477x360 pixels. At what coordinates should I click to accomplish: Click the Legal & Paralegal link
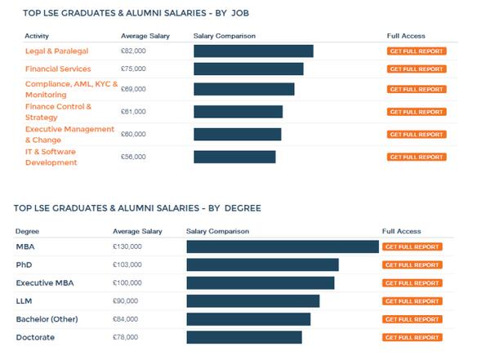pos(56,51)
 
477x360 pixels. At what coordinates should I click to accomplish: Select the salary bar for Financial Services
pos(248,69)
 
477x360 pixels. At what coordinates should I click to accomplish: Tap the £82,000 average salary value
pos(133,51)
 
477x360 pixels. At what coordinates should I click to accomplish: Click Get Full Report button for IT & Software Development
pos(417,157)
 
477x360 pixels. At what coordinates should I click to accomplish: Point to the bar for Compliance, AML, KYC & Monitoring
pos(244,89)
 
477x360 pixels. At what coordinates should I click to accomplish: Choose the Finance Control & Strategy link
pos(58,112)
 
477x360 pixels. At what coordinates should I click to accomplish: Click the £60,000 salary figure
pos(133,134)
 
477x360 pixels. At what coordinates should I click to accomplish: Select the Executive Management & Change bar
pos(238,135)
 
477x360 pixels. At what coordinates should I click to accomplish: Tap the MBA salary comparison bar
pos(283,247)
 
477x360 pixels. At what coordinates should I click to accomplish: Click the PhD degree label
pos(24,264)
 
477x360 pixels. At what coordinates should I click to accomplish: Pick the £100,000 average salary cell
pos(127,282)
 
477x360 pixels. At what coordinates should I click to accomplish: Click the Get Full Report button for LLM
pos(412,301)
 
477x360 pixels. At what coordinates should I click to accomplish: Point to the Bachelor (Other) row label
pos(47,319)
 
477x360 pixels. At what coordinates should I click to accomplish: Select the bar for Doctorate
pos(244,337)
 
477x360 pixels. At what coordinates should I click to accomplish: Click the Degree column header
pos(27,231)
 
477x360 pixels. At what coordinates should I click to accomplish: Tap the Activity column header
pos(37,36)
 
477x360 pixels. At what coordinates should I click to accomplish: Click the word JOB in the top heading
pos(240,13)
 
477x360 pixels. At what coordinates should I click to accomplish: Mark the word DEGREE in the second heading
pos(243,208)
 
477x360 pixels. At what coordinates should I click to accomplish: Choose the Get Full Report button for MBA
pos(412,247)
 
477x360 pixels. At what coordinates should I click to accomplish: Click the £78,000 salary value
pos(125,337)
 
